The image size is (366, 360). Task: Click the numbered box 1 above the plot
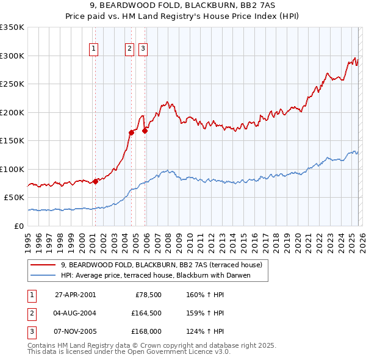pyautogui.click(x=95, y=49)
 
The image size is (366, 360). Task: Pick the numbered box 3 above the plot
pyautogui.click(x=143, y=49)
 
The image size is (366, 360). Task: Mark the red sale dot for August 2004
pyautogui.click(x=131, y=132)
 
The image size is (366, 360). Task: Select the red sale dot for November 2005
pyautogui.click(x=145, y=130)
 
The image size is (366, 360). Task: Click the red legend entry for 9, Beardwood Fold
pyautogui.click(x=161, y=265)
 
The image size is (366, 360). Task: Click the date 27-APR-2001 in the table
pyautogui.click(x=75, y=294)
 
